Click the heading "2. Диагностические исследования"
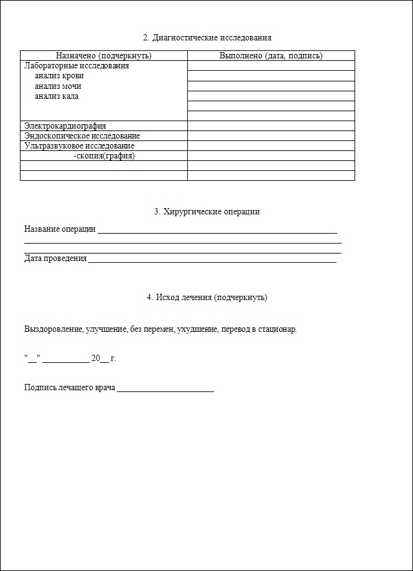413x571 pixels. [x=206, y=38]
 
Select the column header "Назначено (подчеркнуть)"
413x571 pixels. [x=104, y=56]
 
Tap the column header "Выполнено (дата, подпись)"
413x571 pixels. [x=271, y=56]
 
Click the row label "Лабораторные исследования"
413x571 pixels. [x=77, y=66]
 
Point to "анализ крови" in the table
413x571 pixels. [x=59, y=76]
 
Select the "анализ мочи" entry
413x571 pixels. [x=58, y=86]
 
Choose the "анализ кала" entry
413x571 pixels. [x=57, y=96]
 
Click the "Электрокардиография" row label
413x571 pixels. [x=65, y=126]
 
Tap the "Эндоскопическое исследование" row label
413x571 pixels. [x=82, y=136]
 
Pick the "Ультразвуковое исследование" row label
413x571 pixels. [x=79, y=146]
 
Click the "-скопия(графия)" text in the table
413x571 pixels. [x=104, y=156]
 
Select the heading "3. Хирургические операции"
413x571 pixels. [x=206, y=212]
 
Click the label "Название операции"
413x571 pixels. [x=60, y=229]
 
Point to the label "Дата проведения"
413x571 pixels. [x=55, y=258]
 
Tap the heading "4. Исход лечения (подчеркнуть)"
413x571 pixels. [x=206, y=298]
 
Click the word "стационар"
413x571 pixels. [x=277, y=329]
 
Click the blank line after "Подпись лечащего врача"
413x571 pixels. [x=165, y=389]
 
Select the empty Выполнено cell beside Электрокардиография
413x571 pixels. [x=271, y=126]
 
